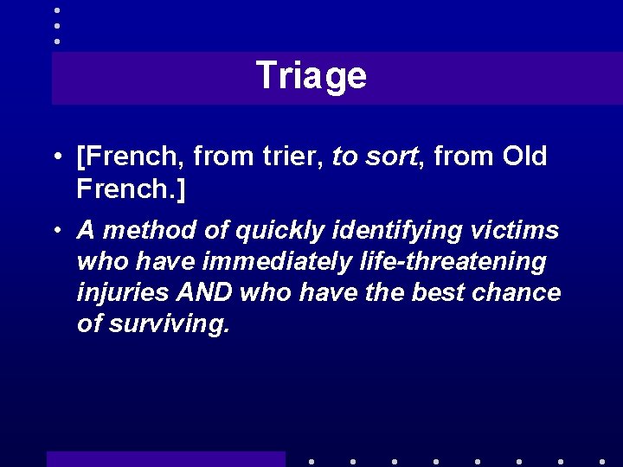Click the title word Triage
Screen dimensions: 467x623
(311, 76)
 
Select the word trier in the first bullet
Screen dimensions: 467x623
(281, 157)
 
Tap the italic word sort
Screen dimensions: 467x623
(385, 157)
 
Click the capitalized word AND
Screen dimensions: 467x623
(204, 292)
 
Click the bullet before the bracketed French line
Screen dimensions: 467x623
(55, 157)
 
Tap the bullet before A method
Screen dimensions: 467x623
(55, 232)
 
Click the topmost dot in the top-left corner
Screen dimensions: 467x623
(57, 10)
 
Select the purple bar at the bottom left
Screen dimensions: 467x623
(165, 459)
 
